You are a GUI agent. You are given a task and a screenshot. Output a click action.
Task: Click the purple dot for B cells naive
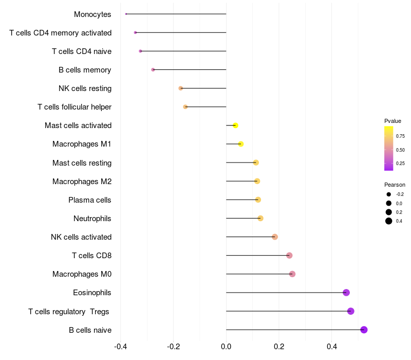364,330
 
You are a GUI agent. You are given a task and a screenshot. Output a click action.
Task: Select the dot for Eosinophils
346,293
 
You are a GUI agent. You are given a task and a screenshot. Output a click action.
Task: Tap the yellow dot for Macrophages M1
240,144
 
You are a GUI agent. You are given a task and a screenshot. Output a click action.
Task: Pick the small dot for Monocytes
126,14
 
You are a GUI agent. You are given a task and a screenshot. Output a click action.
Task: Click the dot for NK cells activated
275,237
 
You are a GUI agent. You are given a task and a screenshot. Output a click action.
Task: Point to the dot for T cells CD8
289,256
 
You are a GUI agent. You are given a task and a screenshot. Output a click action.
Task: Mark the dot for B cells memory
153,69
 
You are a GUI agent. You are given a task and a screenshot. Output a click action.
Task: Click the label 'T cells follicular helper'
74,107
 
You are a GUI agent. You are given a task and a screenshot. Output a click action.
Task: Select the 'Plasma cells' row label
90,200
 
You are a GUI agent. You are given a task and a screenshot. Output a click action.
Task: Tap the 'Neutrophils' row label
92,219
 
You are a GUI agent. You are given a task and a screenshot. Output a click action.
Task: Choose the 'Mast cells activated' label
78,125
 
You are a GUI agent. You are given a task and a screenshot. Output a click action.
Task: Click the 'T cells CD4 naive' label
82,51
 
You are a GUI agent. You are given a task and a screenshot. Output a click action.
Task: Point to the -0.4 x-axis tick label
120,347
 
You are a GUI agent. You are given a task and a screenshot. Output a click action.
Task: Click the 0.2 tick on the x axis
279,347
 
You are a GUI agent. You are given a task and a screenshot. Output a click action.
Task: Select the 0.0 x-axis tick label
226,347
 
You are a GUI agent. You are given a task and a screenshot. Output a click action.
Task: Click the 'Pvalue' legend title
393,121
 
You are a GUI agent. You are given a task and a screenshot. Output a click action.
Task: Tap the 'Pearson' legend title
395,185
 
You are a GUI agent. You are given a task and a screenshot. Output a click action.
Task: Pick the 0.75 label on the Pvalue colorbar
400,136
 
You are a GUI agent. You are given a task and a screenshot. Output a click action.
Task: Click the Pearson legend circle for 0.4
389,221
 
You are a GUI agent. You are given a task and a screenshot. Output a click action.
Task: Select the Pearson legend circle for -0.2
389,194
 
